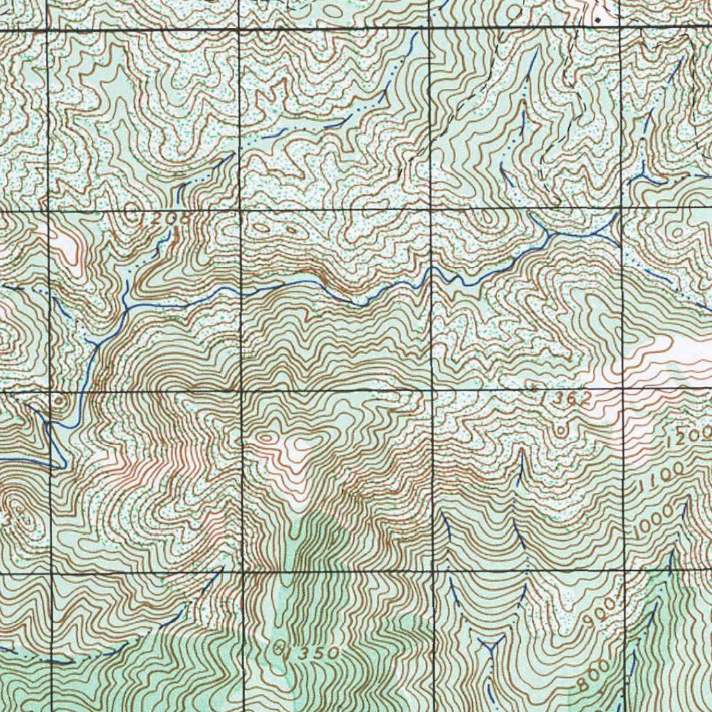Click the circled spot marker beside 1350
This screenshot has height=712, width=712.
(x=281, y=651)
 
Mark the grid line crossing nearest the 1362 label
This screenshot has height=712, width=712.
(x=622, y=388)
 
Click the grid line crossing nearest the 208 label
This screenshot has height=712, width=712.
(x=239, y=209)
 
